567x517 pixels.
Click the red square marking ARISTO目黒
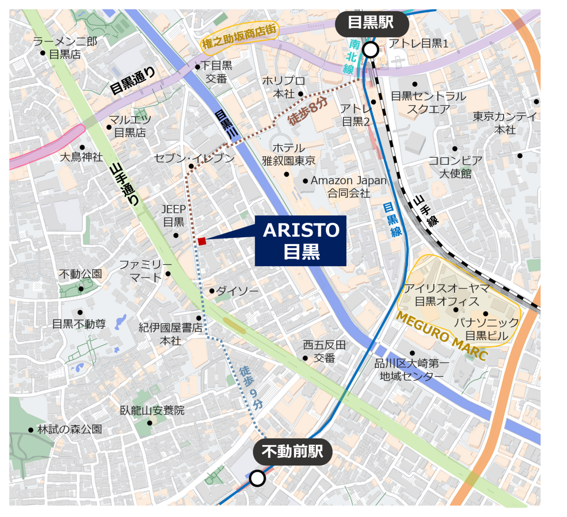(x=202, y=241)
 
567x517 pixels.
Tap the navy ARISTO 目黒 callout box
(x=301, y=241)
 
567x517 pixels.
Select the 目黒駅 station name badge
(x=371, y=22)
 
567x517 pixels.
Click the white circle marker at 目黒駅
(x=371, y=49)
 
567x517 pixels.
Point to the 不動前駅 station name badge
(x=292, y=452)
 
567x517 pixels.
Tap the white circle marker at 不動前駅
(x=258, y=478)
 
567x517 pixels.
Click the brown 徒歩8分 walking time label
(x=308, y=111)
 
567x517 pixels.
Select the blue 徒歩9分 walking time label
(x=251, y=388)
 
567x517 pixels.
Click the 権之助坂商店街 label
(x=239, y=37)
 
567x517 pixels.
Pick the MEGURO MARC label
(x=441, y=336)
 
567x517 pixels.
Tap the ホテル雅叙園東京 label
(x=289, y=154)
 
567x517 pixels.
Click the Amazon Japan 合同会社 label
(x=349, y=186)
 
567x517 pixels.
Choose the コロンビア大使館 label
(x=455, y=167)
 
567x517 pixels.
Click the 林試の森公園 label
(x=69, y=429)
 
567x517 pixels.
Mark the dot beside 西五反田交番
(x=305, y=358)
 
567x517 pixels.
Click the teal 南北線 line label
(x=352, y=57)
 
